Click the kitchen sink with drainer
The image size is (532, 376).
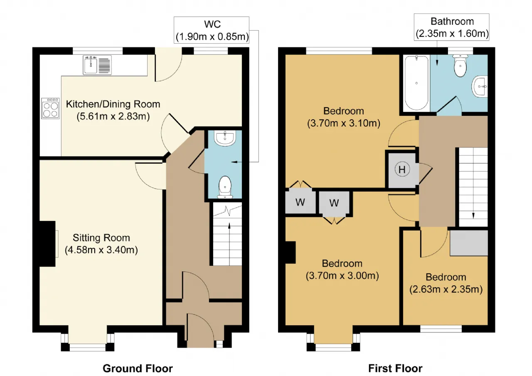(97, 65)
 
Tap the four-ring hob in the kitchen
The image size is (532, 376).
(50, 108)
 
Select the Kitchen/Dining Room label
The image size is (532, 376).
(113, 104)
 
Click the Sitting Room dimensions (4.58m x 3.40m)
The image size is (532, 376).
(101, 250)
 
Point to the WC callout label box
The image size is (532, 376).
(212, 30)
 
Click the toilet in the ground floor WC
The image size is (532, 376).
(225, 187)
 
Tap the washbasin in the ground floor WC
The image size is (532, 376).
(225, 138)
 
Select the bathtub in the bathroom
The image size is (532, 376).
(416, 83)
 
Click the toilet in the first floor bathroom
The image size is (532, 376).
(460, 66)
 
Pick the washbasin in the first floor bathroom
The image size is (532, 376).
(480, 86)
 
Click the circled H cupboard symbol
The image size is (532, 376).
(402, 170)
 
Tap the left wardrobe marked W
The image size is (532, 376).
(300, 202)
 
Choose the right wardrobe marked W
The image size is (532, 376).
(334, 203)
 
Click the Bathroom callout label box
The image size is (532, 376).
(451, 27)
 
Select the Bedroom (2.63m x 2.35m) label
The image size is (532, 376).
(446, 283)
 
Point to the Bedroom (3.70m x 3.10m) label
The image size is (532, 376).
(344, 117)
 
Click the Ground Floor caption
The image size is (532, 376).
(138, 369)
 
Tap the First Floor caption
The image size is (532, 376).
(395, 369)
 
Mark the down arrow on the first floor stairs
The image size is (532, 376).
(473, 216)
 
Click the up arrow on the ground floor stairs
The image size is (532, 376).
(229, 226)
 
